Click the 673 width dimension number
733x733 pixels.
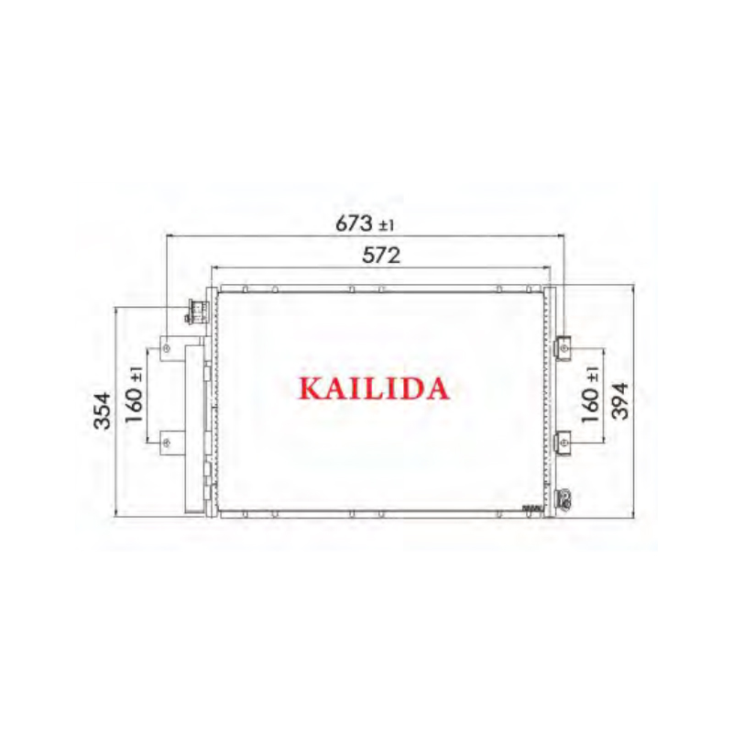pos(355,224)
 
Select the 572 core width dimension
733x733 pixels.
pos(381,256)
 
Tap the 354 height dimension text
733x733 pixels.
pos(103,410)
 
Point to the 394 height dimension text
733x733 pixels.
pos(620,401)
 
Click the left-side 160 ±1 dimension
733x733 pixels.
pos(134,395)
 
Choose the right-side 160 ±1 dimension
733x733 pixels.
pos(590,395)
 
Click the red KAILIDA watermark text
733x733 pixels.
pos(374,388)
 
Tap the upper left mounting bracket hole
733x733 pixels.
pos(167,348)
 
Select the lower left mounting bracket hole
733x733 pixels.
pos(167,443)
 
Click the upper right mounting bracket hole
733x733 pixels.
pos(565,348)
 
